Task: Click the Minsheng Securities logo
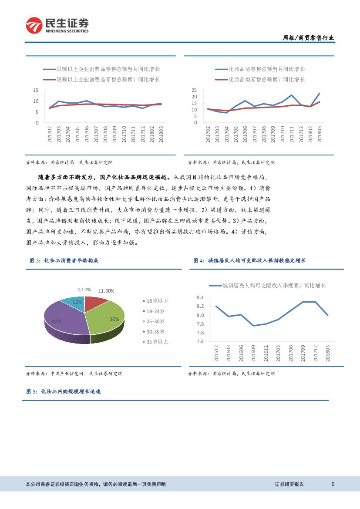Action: tap(57, 26)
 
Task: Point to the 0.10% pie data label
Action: tap(84, 290)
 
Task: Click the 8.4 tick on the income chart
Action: tap(200, 298)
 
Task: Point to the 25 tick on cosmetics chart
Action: tap(195, 90)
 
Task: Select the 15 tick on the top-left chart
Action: tap(36, 90)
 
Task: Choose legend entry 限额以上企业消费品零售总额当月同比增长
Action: tap(102, 69)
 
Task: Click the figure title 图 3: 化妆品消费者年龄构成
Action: tap(64, 260)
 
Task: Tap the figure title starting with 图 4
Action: tap(249, 260)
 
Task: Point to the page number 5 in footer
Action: tap(333, 484)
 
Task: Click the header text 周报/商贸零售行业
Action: tap(308, 38)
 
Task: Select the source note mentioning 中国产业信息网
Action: tap(74, 374)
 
